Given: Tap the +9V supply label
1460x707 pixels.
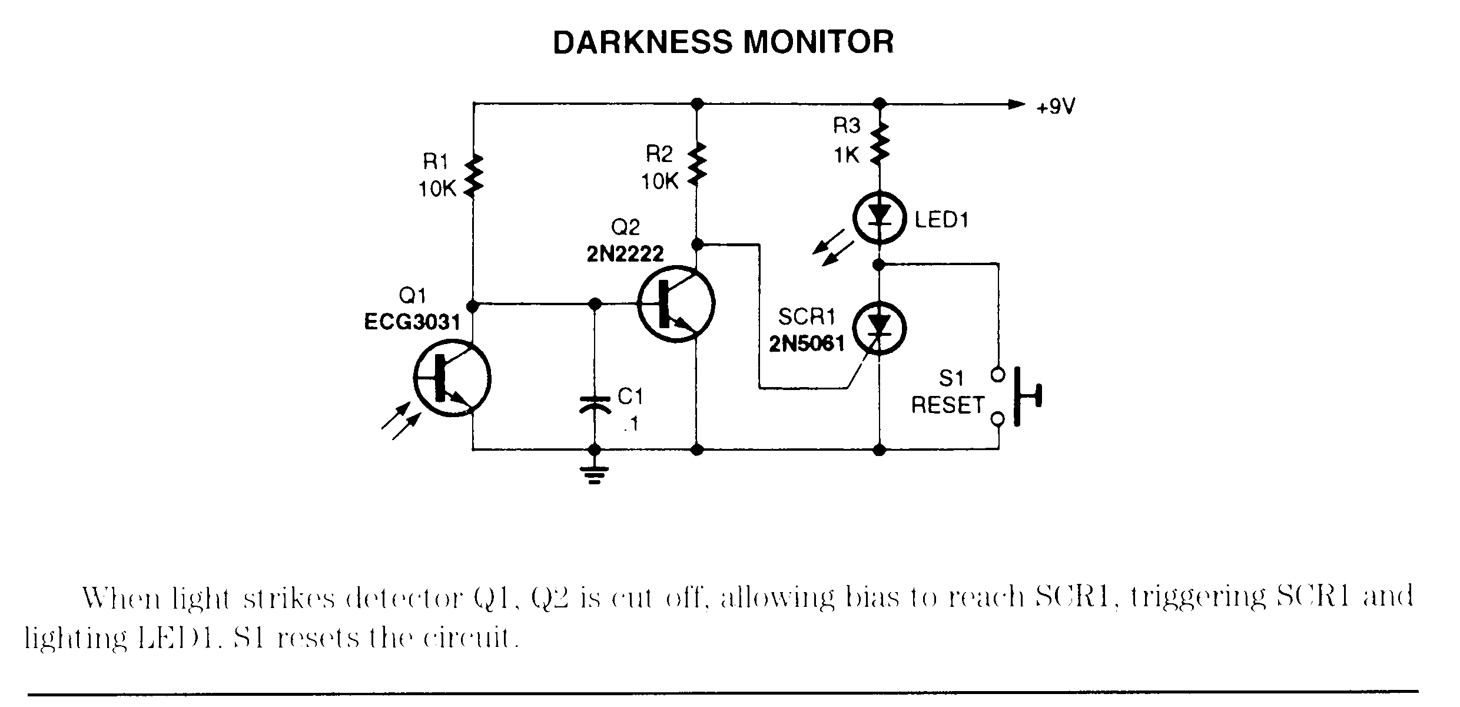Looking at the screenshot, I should click(x=1056, y=107).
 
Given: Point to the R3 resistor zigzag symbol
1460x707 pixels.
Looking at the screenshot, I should click(x=880, y=143).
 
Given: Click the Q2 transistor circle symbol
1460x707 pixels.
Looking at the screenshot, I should click(x=676, y=305).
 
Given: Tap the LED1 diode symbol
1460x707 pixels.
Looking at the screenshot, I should click(x=880, y=218).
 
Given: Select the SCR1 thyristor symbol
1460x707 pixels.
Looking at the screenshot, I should click(x=880, y=329).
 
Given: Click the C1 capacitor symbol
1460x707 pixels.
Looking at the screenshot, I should click(x=595, y=405).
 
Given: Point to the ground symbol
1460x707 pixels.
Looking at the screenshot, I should click(x=595, y=474).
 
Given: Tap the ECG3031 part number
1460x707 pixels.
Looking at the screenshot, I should click(x=412, y=322).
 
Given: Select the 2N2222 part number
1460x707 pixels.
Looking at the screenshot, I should click(x=625, y=254).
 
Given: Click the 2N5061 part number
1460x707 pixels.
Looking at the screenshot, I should click(x=807, y=343).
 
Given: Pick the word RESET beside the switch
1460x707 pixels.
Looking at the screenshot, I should click(x=948, y=405).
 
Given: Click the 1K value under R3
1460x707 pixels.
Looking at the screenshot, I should click(x=847, y=156).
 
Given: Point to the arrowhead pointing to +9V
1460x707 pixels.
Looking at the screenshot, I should click(x=1016, y=104).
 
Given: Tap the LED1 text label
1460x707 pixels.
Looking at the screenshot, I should click(x=941, y=220).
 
